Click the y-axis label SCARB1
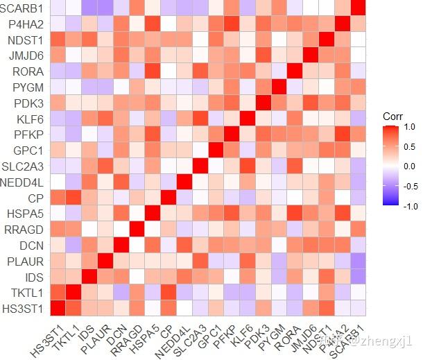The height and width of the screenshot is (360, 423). [23, 9]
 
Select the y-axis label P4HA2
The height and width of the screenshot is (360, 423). [26, 24]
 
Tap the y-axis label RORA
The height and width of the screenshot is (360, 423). [28, 71]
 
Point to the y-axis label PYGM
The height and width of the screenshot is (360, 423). [28, 87]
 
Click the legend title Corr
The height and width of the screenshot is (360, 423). [393, 117]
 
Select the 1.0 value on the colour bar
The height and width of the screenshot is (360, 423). [409, 127]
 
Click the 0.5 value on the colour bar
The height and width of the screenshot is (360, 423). [409, 146]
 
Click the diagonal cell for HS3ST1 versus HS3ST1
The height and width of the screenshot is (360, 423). [56, 308]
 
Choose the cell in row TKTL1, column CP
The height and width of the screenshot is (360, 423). [167, 292]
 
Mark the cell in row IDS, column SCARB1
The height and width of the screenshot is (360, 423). [357, 276]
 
